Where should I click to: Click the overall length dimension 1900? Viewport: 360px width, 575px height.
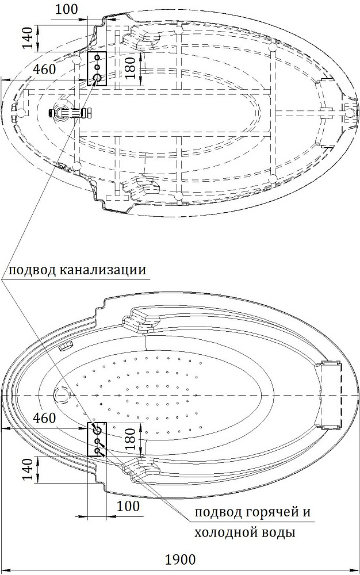coord(180,560)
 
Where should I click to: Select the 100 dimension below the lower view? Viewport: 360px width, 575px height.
coord(128,506)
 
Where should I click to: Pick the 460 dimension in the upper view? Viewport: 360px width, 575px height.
coord(44,69)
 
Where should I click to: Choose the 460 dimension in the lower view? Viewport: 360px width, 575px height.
coord(44,417)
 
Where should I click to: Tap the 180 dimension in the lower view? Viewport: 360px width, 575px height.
coord(131,439)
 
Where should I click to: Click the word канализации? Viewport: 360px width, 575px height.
coord(102,270)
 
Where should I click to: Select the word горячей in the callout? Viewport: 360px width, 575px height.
coord(271,512)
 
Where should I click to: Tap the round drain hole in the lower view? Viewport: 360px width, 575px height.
coord(62,395)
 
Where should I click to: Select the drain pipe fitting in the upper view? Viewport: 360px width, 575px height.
coord(70,112)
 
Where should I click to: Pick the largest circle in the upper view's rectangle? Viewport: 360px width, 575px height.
coord(98,78)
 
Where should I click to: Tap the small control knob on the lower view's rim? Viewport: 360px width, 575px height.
coord(67,346)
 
